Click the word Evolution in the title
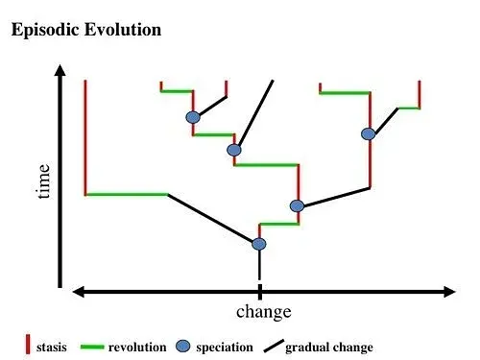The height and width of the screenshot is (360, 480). [x=123, y=30]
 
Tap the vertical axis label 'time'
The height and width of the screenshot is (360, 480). [x=43, y=181]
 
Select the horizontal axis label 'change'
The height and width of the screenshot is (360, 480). [x=264, y=312]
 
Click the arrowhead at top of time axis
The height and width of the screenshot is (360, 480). [x=60, y=70]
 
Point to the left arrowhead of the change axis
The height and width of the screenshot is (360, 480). [x=79, y=292]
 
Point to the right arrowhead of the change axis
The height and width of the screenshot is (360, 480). [x=449, y=292]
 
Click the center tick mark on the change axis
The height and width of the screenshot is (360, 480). [x=260, y=291]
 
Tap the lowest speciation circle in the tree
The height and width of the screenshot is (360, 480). [x=259, y=244]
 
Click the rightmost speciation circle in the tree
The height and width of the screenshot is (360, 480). [x=369, y=134]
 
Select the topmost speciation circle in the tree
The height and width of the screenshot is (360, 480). [x=193, y=117]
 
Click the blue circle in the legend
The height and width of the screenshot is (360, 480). [x=183, y=347]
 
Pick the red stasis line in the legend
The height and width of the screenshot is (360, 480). [x=28, y=345]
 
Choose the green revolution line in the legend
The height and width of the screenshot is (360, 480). [x=92, y=347]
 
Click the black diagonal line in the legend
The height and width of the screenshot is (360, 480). [x=274, y=347]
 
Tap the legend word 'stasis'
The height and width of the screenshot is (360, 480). [x=52, y=348]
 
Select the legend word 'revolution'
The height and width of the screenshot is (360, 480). [x=137, y=348]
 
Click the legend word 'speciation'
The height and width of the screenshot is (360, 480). [x=225, y=348]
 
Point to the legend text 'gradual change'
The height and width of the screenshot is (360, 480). [x=329, y=348]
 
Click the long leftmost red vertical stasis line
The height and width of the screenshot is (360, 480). [x=85, y=137]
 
